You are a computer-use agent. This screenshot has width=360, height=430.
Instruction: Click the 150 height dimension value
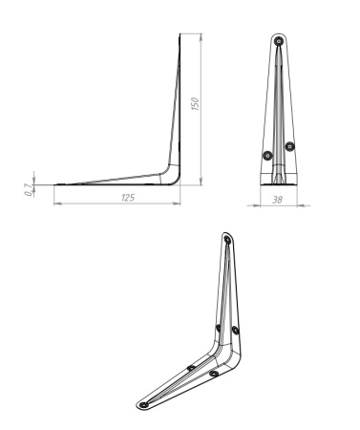(x=194, y=103)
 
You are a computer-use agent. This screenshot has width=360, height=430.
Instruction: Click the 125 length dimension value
(x=127, y=196)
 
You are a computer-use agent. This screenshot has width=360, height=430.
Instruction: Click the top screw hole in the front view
(x=279, y=43)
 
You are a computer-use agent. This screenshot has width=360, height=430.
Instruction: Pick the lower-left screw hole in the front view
(x=267, y=155)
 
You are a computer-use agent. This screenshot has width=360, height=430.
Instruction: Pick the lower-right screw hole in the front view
(x=290, y=146)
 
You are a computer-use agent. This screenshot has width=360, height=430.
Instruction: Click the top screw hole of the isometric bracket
(x=226, y=240)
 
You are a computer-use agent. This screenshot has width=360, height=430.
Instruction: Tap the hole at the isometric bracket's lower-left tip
(x=144, y=404)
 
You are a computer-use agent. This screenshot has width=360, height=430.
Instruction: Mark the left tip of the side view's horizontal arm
(x=54, y=183)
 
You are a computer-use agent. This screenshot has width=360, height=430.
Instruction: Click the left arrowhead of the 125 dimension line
(x=55, y=203)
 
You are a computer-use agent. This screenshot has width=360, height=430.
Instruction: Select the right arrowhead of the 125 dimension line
(x=180, y=203)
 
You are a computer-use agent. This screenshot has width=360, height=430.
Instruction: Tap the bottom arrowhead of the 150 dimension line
(x=201, y=182)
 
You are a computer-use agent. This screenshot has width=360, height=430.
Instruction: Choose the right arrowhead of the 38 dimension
(x=297, y=203)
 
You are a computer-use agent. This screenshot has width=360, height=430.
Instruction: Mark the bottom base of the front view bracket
(x=279, y=180)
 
